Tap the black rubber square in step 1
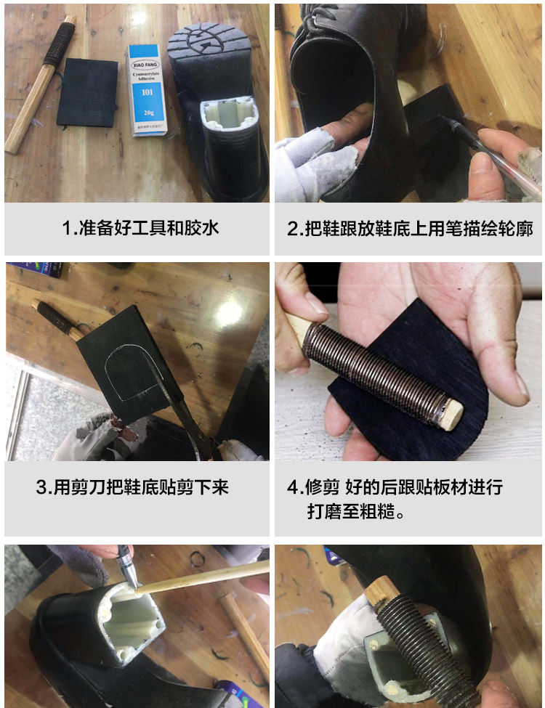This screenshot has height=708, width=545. (x=87, y=91)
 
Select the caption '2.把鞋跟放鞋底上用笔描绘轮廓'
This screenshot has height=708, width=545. (x=409, y=229)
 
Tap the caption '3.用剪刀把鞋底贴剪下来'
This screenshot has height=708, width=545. (x=132, y=487)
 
